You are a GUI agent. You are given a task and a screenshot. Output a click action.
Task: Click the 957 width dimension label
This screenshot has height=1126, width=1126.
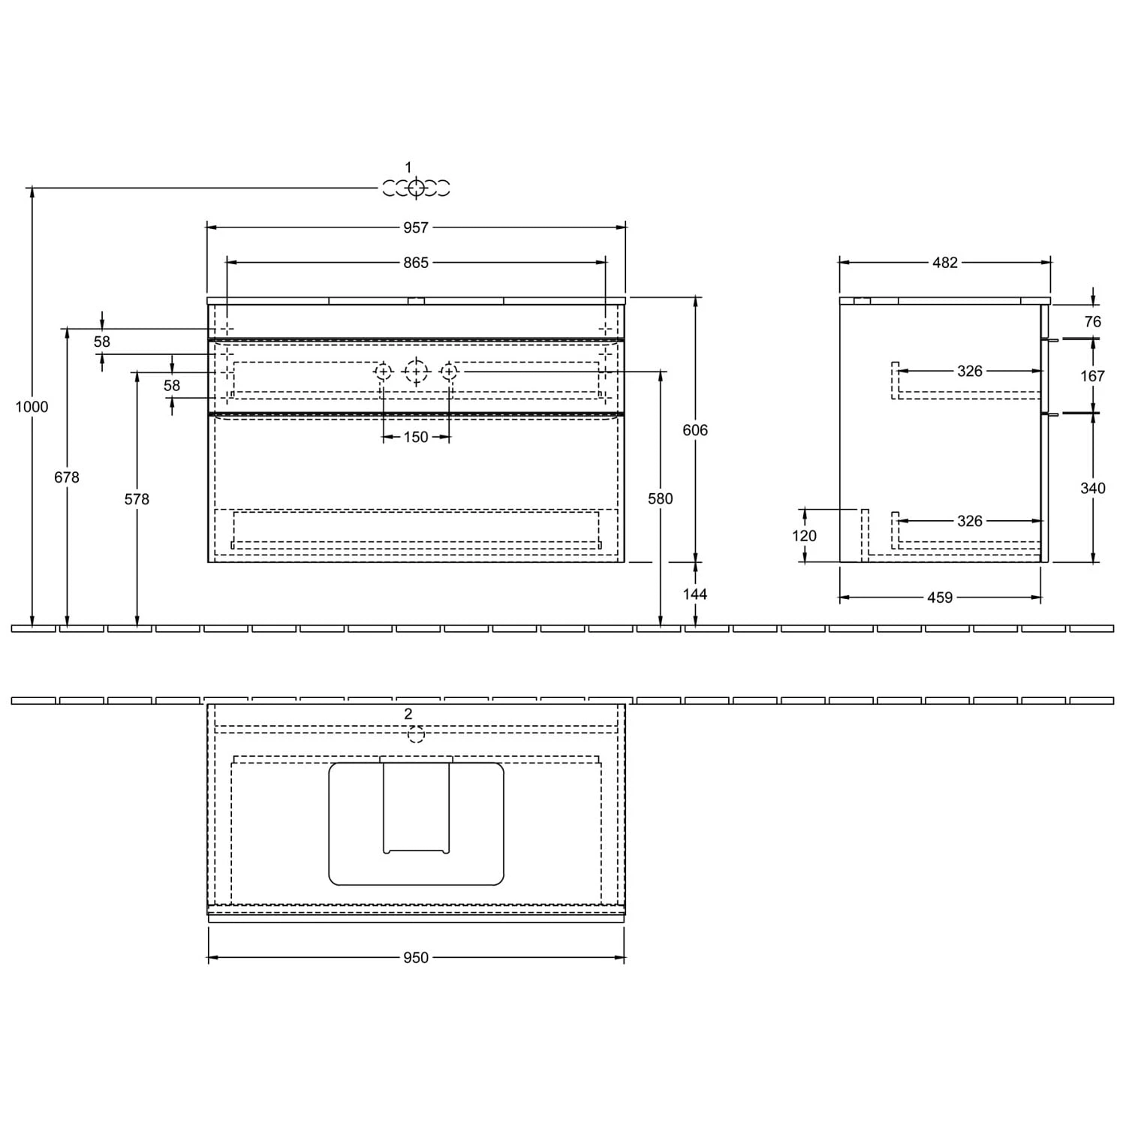tap(416, 227)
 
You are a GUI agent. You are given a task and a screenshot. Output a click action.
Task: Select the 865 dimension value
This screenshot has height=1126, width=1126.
tap(416, 263)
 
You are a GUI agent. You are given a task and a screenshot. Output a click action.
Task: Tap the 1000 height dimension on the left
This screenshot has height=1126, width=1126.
tap(32, 407)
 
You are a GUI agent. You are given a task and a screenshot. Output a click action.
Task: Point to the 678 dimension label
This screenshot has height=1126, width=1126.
tap(67, 477)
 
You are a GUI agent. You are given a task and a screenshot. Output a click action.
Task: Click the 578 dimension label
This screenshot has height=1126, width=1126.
tap(137, 499)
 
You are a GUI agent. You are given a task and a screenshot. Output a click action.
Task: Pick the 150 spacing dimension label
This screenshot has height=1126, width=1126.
tap(416, 437)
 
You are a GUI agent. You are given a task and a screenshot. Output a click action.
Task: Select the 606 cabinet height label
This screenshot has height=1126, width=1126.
tap(695, 430)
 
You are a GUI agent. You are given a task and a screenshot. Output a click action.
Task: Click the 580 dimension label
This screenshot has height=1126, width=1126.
tap(661, 499)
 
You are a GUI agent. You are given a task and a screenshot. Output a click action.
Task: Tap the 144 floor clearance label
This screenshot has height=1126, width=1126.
tap(695, 594)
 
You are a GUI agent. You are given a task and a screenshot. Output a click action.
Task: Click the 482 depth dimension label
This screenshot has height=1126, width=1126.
tap(945, 263)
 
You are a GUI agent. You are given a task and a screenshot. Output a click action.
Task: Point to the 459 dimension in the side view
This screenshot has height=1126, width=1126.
tap(940, 598)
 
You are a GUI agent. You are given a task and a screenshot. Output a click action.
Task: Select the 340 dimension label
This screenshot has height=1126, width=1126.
tap(1093, 489)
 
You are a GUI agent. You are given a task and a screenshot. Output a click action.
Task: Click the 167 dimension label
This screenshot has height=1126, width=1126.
tap(1093, 376)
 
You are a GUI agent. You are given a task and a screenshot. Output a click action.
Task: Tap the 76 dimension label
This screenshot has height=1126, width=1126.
tap(1093, 322)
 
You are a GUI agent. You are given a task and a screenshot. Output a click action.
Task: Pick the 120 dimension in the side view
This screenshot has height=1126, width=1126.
tap(804, 536)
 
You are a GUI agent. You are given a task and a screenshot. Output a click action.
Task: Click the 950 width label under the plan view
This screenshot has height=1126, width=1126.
tap(416, 958)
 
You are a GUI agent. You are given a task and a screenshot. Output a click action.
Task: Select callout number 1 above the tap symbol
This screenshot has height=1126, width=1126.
tap(408, 167)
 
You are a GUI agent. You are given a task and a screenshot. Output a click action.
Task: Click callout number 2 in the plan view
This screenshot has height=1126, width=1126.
tap(408, 714)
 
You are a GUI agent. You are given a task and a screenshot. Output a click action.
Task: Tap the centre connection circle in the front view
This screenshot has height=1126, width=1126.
tap(416, 371)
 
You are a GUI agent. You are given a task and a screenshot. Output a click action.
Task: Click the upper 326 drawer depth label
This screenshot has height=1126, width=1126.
tap(970, 371)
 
